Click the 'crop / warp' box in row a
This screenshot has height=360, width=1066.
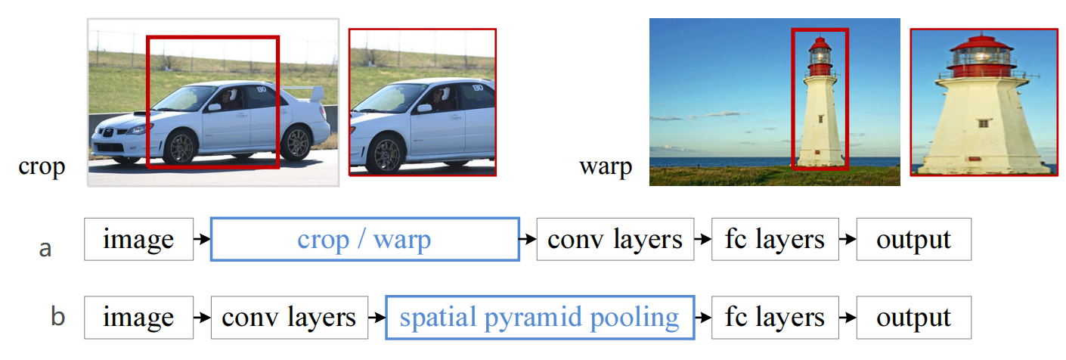364,239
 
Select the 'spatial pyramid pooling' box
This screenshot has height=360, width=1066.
539,317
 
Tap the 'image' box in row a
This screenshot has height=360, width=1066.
138,239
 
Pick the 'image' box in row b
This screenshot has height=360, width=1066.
138,317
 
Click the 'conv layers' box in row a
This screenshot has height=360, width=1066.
615,239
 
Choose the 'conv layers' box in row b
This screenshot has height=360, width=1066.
288,317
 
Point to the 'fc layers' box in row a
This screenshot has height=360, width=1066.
775,239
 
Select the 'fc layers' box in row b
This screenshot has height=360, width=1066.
775,317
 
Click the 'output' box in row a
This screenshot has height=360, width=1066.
913,239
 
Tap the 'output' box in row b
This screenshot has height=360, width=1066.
913,317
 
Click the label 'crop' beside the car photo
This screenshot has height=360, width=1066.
42,166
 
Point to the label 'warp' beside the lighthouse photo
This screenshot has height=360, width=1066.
605,166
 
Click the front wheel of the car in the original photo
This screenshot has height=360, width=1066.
181,148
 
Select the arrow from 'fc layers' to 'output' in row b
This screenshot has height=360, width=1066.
848,317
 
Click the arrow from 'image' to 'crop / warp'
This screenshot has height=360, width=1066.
202,239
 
